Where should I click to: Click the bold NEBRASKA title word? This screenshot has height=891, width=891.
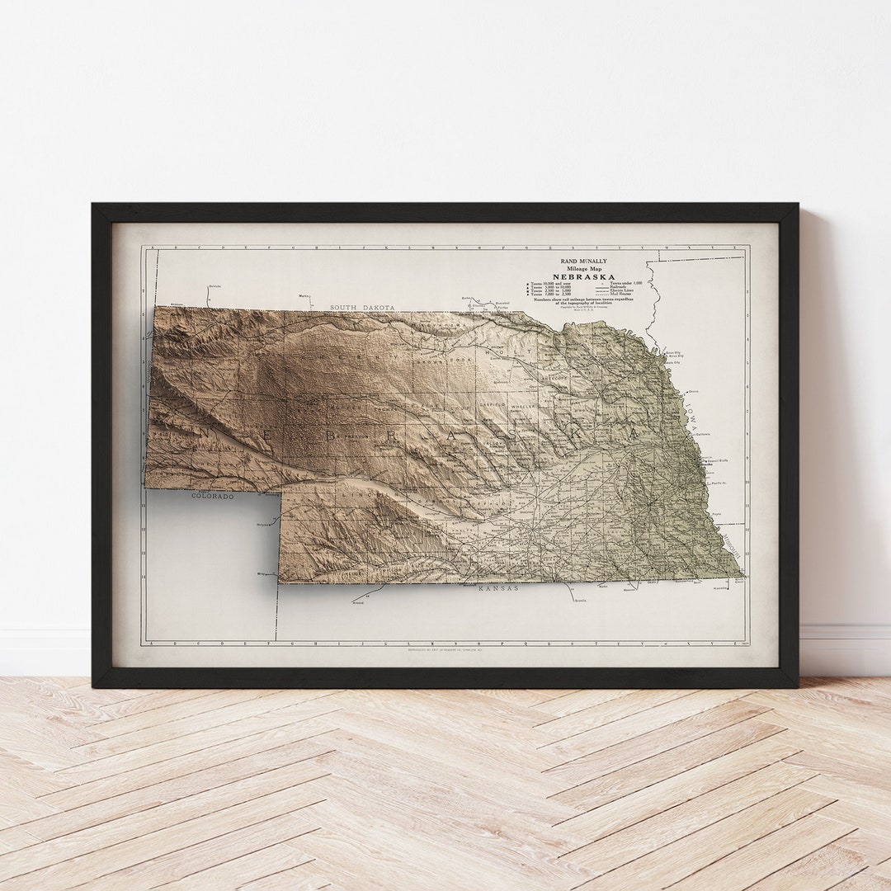coord(583,276)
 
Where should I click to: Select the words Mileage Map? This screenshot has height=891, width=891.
coord(583,268)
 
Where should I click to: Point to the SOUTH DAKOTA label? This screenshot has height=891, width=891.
coord(362,308)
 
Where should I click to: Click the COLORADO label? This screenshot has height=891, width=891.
coord(213,497)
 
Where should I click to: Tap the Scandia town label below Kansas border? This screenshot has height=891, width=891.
coord(579,601)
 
